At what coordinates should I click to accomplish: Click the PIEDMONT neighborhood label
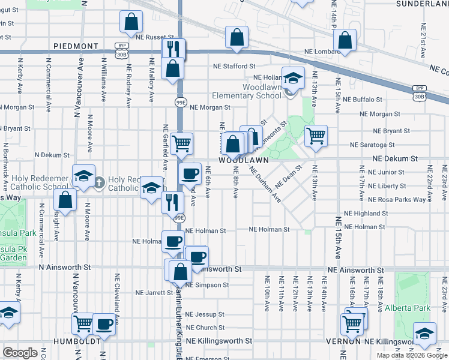(75, 46)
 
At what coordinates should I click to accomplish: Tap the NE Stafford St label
(235, 66)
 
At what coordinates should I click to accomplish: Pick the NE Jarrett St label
(154, 293)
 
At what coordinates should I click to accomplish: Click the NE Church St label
(205, 328)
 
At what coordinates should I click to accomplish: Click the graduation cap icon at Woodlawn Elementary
(293, 79)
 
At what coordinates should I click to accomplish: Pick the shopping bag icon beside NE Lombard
(345, 41)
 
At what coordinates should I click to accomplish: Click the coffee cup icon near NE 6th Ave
(190, 173)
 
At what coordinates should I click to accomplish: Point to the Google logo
(20, 353)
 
